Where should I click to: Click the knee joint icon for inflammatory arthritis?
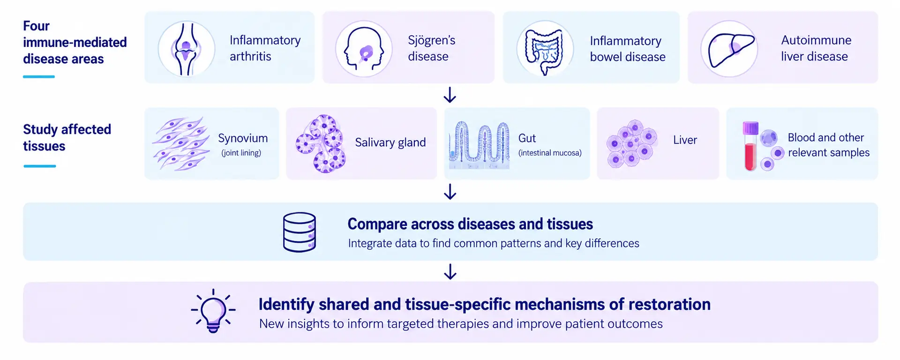(x=187, y=48)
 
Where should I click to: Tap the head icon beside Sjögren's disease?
(x=364, y=49)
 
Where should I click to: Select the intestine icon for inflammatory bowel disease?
(x=545, y=49)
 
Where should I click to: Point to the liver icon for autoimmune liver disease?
(x=729, y=49)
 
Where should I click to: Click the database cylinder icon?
(x=300, y=232)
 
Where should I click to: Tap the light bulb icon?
(x=213, y=311)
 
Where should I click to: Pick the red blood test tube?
(x=750, y=146)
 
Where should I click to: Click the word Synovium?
(x=243, y=138)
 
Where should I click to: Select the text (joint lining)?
(x=241, y=153)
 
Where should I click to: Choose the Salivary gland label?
(x=390, y=142)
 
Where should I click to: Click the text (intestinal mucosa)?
(x=550, y=153)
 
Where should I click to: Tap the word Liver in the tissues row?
(x=685, y=140)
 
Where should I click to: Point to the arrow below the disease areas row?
(x=450, y=95)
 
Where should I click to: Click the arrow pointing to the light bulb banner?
(x=450, y=271)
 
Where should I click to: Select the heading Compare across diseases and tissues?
(x=470, y=224)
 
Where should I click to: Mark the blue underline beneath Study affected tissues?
(x=40, y=166)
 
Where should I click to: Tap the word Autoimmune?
(x=816, y=40)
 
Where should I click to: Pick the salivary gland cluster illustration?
(x=321, y=143)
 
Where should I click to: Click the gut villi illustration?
(x=479, y=145)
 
